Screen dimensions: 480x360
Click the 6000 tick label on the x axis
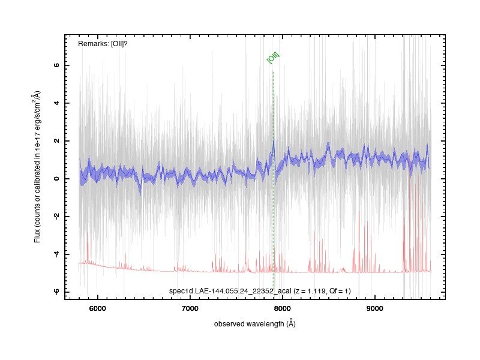(97, 308)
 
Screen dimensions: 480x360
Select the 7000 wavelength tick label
(190, 308)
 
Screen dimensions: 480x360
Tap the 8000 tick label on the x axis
(282, 308)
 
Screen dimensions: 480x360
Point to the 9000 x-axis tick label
(374, 308)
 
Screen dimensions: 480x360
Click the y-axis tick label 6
(56, 65)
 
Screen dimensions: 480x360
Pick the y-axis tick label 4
(56, 103)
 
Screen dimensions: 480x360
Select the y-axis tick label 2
(56, 141)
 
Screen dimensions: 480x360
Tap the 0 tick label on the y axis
(56, 178)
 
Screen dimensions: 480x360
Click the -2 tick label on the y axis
(56, 216)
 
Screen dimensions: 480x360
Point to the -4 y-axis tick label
(56, 254)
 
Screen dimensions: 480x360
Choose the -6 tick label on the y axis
(56, 292)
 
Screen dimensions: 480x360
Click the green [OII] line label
(273, 57)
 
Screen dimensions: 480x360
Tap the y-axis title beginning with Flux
(37, 167)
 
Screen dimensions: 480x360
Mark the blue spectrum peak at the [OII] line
(274, 141)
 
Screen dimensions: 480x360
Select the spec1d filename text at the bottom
(230, 291)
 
